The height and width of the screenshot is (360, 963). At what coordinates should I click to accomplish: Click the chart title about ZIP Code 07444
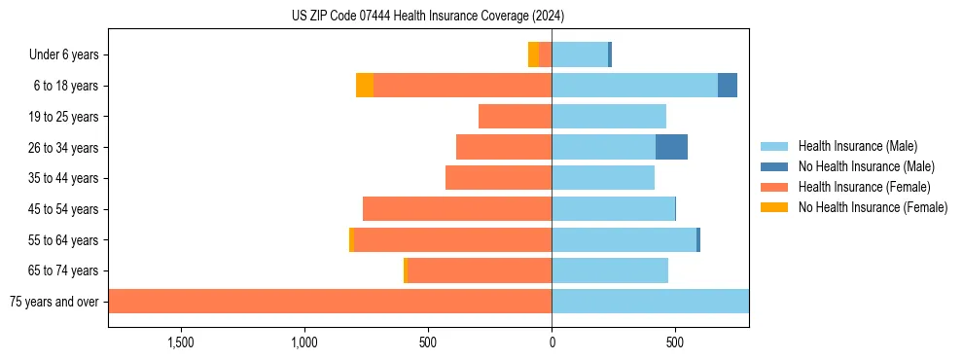(428, 17)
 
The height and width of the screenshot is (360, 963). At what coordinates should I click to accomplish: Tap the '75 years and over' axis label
(53, 302)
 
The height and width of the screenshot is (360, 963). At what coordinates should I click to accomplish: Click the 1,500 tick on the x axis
(182, 342)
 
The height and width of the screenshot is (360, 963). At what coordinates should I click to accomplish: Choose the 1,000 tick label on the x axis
(304, 342)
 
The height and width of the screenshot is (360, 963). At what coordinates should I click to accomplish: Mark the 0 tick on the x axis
(552, 342)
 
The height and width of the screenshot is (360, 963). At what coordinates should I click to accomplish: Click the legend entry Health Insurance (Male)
(857, 146)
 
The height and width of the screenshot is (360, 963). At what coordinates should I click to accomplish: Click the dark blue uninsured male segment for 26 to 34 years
(671, 148)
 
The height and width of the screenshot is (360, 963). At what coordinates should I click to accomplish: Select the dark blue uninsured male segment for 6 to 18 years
(727, 86)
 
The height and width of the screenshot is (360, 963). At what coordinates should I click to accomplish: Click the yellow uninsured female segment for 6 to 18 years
(365, 86)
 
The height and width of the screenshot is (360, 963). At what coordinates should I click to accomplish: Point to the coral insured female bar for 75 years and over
(331, 302)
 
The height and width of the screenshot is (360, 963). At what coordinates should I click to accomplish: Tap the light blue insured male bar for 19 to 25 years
(609, 117)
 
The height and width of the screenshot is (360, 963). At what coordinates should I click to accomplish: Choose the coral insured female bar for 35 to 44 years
(498, 178)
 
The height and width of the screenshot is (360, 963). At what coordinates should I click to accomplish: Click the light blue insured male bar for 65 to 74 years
(610, 270)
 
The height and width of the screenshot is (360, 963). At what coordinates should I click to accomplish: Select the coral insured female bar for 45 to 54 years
(457, 209)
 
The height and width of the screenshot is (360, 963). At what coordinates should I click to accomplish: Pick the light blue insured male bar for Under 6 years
(580, 55)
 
